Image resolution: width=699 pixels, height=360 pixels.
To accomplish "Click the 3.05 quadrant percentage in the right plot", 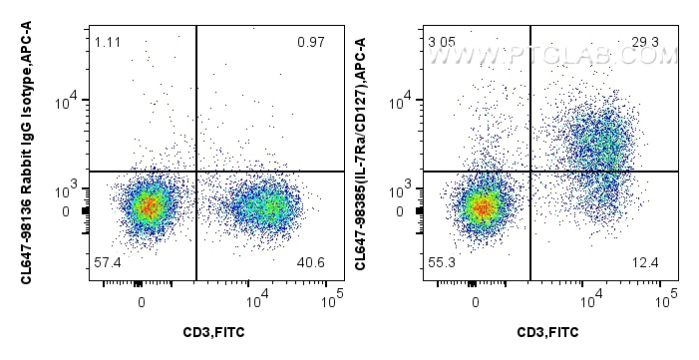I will (440, 41).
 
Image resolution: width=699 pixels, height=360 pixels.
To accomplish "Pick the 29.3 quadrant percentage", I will (645, 41).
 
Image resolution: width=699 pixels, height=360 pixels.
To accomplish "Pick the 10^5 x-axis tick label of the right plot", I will (669, 296).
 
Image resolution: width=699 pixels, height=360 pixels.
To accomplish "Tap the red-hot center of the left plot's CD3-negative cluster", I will (148, 206).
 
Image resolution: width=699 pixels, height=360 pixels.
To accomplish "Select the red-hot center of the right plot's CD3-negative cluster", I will (482, 207).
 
